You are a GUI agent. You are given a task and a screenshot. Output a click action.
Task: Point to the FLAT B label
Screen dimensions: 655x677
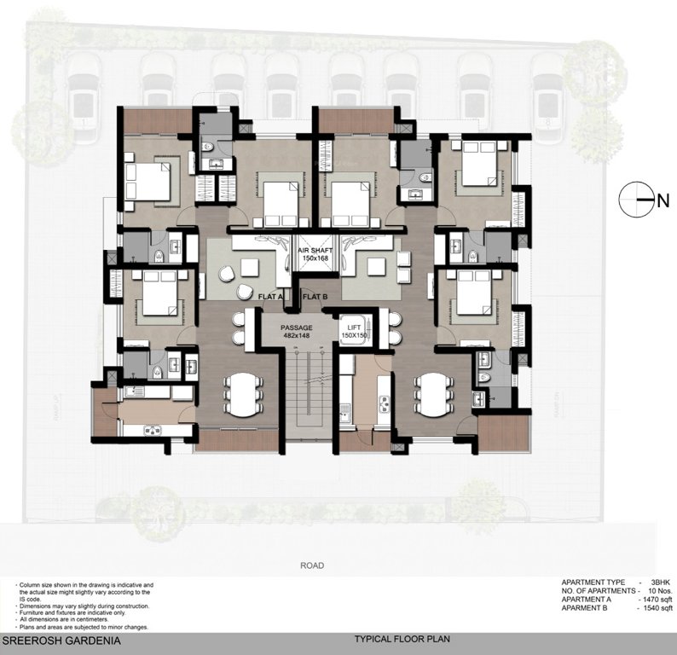coord(315,296)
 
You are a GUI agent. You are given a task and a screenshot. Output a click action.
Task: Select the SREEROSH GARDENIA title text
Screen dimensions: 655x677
coord(59,638)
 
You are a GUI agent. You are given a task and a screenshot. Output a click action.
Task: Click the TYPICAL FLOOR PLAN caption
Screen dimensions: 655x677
coord(402,638)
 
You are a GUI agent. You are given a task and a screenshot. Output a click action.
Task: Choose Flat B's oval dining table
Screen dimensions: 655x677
coord(432,392)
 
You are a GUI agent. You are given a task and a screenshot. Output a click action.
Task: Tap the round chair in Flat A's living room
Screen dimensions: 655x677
coord(227,273)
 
